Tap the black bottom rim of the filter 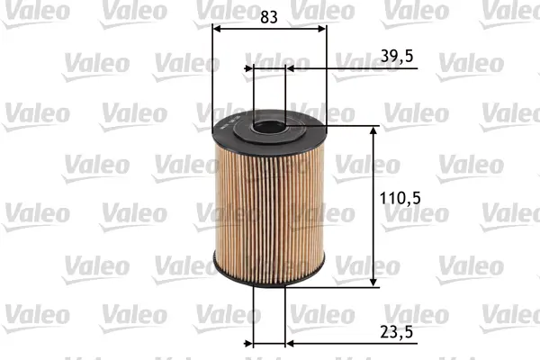coord(269,277)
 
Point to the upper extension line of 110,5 coord(346,127)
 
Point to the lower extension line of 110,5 coord(346,287)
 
